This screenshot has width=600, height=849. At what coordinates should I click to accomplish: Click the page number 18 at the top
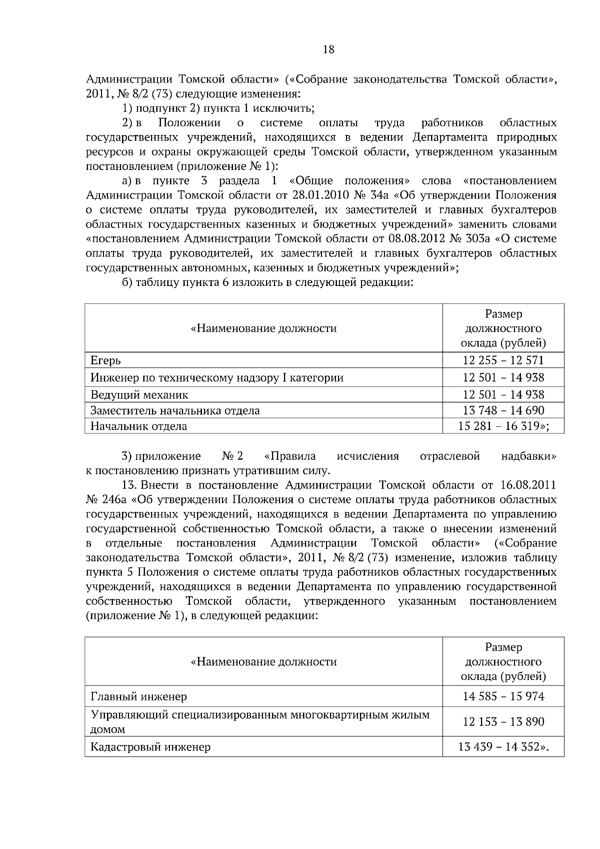point(328,49)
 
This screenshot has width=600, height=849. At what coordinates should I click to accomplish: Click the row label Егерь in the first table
point(105,360)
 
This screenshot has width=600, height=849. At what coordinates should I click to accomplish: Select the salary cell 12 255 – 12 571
point(503,360)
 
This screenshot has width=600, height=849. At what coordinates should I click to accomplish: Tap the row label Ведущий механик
point(139,394)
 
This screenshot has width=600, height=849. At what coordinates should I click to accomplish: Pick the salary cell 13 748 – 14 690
point(503,410)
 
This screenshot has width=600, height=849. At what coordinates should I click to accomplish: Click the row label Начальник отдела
point(138,426)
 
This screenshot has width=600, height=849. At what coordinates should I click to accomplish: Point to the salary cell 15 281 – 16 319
point(503,426)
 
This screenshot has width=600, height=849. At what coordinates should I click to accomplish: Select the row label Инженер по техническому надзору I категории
point(216,377)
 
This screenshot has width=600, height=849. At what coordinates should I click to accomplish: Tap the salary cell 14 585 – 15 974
point(503,696)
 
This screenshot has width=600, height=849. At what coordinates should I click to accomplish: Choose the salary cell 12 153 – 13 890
point(503,722)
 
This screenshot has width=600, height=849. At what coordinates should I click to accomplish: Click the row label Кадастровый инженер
point(150,747)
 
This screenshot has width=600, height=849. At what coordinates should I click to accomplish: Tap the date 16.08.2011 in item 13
point(527,485)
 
